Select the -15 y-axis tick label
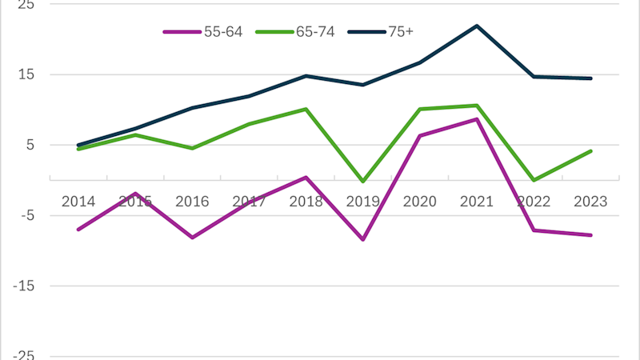tap(11, 286)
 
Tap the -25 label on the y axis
tap(11, 354)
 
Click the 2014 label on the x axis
tap(78, 201)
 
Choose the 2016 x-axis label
tap(192, 201)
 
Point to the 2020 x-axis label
tap(420, 201)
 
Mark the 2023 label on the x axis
tap(590, 201)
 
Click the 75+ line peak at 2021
tap(477, 26)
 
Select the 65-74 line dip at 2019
tap(363, 182)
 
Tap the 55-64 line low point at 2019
tap(363, 239)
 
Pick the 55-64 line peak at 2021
tap(477, 119)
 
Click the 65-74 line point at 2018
tap(306, 109)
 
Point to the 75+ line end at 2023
tap(590, 78)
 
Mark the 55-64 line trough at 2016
tap(192, 238)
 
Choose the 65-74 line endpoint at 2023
tap(590, 150)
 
